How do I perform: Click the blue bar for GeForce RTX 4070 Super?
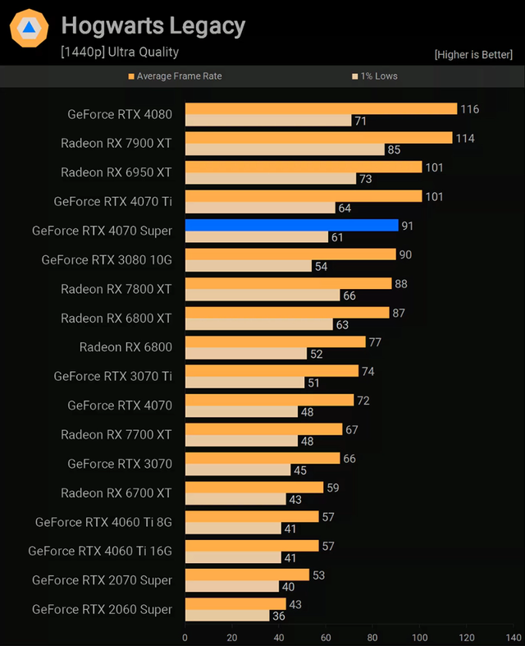click(x=291, y=225)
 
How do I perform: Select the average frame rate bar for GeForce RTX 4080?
click(x=321, y=108)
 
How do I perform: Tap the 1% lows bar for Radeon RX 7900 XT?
click(x=285, y=150)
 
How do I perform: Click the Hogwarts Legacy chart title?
click(x=153, y=26)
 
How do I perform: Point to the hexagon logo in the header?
click(x=29, y=28)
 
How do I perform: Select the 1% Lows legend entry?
click(x=375, y=76)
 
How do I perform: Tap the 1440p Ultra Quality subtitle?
click(x=119, y=52)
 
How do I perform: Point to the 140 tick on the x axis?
click(x=514, y=637)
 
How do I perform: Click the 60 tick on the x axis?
click(x=326, y=637)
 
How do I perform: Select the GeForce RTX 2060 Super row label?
click(x=102, y=609)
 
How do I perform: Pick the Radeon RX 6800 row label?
click(x=126, y=346)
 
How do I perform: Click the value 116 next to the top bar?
click(x=469, y=109)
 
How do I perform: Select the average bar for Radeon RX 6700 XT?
click(x=254, y=488)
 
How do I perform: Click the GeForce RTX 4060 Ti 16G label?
click(x=100, y=551)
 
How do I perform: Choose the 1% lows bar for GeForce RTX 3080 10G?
click(x=249, y=267)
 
